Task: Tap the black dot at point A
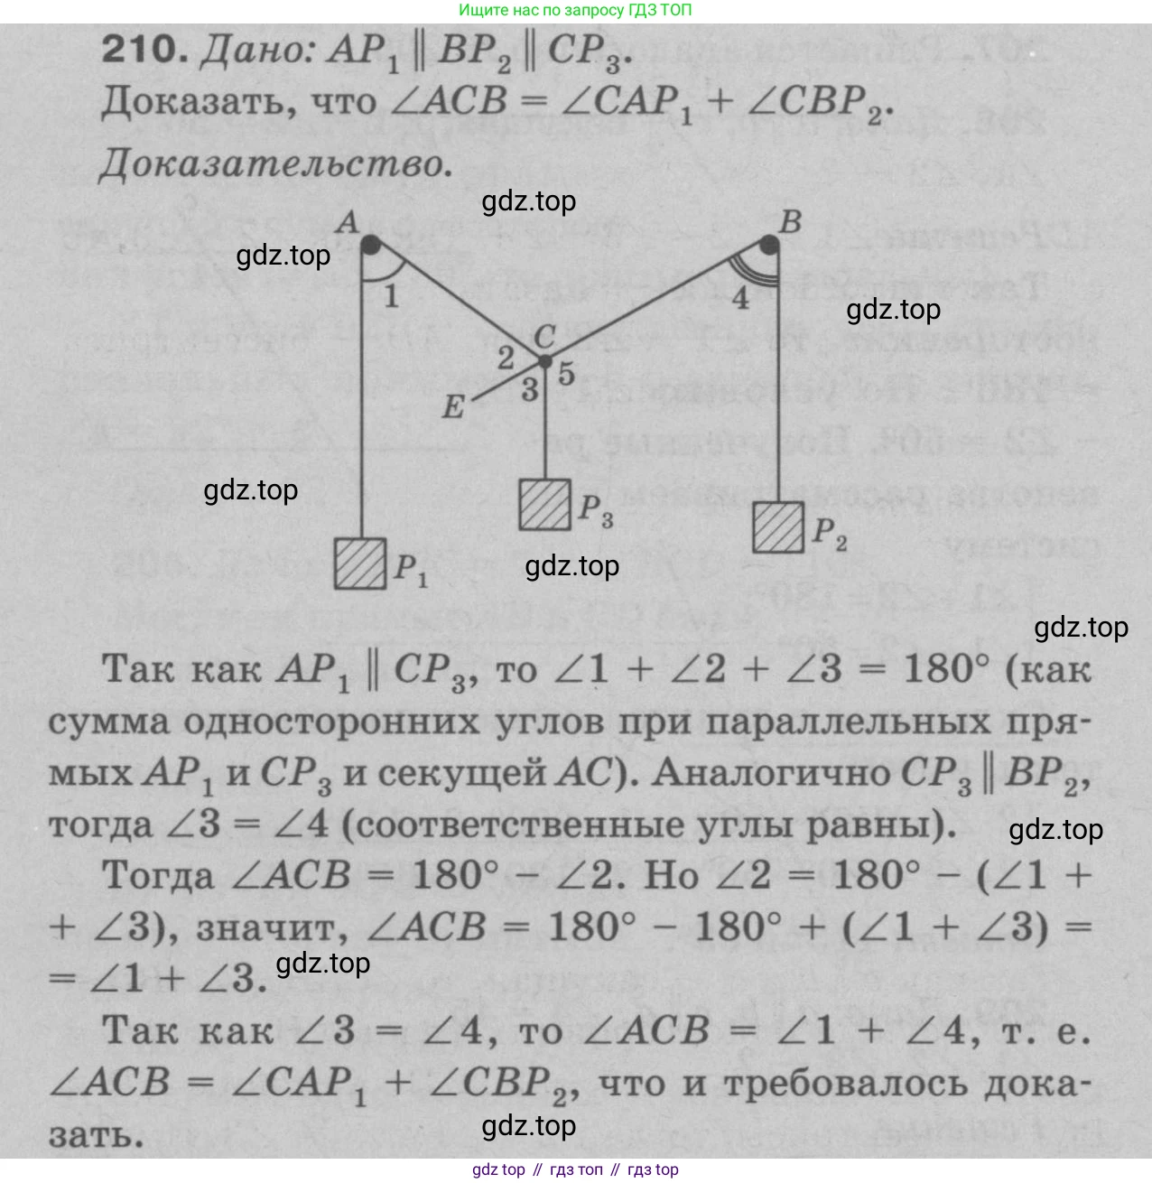[x=370, y=245]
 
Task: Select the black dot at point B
[x=769, y=245]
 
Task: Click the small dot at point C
[x=544, y=362]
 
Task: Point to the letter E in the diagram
[x=453, y=406]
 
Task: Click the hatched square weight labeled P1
[x=360, y=564]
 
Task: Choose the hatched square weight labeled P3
[x=544, y=505]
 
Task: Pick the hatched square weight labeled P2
[x=778, y=527]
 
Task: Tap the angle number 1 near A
[x=391, y=296]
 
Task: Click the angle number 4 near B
[x=739, y=298]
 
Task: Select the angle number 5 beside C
[x=566, y=373]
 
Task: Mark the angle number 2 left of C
[x=506, y=358]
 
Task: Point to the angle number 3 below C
[x=530, y=390]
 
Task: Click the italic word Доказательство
[x=276, y=164]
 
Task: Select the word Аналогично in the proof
[x=771, y=773]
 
